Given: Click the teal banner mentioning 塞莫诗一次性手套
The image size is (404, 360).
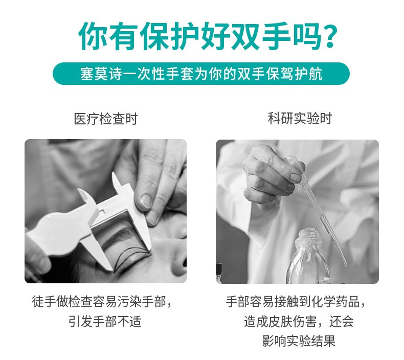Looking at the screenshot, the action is (201, 74).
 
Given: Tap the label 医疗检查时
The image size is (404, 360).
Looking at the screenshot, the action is (106, 119).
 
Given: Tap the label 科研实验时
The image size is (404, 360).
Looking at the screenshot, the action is (300, 119).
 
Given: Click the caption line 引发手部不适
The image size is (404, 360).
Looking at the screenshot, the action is (105, 322).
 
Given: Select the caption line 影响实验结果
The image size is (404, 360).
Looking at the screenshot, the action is (299, 341).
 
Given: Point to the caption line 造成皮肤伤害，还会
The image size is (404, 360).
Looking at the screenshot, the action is (299, 321).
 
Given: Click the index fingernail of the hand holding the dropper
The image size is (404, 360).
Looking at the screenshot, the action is (295, 177).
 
